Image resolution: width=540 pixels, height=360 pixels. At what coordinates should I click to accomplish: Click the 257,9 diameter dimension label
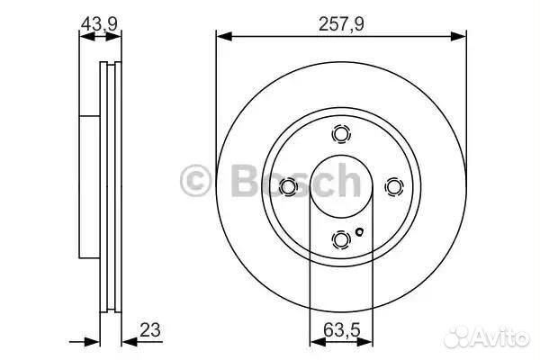pos(341,24)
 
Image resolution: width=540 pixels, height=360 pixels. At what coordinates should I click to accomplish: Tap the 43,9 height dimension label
pos(100,24)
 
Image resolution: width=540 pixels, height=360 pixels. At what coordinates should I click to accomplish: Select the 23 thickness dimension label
pos(150,330)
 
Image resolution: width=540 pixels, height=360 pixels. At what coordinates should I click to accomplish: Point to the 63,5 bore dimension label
pos(342,330)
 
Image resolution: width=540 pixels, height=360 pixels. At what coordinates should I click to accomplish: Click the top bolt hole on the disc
pos(341,133)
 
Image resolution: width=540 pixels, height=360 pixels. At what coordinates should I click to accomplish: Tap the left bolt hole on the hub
pos(288,186)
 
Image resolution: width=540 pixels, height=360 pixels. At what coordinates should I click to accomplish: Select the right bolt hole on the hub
pos(394,186)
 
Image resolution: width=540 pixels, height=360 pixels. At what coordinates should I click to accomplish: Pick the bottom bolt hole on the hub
pos(341,239)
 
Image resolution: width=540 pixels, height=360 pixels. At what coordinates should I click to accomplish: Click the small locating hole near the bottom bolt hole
pos(359,232)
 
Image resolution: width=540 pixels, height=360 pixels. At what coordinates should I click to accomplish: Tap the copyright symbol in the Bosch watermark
pos(195,181)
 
